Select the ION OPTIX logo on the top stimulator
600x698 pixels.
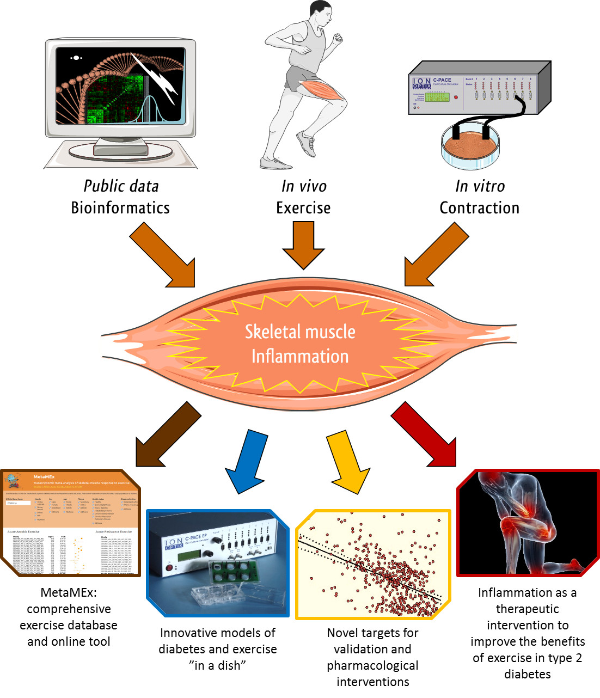tap(422, 83)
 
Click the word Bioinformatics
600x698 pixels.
tap(120, 208)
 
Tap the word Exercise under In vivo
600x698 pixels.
tap(303, 208)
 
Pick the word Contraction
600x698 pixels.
tap(479, 208)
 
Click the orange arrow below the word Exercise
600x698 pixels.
tap(303, 245)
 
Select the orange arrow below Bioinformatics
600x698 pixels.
tap(163, 256)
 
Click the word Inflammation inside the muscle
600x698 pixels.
tap(300, 357)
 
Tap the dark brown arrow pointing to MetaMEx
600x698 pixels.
tap(166, 436)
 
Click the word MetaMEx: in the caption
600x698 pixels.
tap(69, 593)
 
